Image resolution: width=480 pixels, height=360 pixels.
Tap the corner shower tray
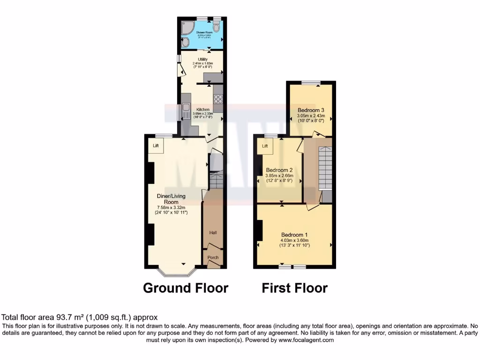[x=187, y=26]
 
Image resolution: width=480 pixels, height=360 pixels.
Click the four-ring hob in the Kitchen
[x=218, y=99]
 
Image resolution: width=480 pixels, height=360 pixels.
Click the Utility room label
[x=202, y=59]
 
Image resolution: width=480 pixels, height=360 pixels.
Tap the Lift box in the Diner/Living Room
[x=155, y=146]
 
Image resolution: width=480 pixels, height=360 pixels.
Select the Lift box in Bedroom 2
[x=265, y=146]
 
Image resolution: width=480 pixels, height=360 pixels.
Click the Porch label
[x=213, y=257]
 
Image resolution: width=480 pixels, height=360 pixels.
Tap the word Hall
[x=213, y=232]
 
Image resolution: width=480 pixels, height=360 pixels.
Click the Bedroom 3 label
[x=310, y=110]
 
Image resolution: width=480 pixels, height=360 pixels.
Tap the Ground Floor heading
[x=185, y=288]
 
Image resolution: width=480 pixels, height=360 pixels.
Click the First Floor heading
[x=294, y=288]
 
